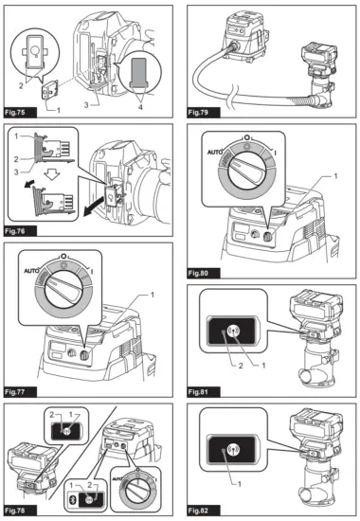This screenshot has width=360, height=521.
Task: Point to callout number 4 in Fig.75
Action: [140, 107]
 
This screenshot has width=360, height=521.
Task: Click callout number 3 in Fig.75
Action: [86, 105]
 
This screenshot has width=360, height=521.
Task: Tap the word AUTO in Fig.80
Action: [215, 152]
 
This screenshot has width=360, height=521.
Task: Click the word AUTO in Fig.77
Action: [31, 271]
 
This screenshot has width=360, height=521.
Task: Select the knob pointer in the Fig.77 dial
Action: [64, 288]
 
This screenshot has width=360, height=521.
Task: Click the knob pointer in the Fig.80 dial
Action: [247, 170]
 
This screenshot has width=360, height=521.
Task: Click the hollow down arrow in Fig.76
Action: [51, 175]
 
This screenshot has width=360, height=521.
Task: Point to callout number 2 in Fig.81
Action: [241, 366]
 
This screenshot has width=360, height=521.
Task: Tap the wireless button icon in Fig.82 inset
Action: [233, 450]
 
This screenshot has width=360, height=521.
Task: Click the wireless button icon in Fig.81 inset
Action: [234, 331]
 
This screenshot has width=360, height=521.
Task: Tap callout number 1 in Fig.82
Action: [240, 484]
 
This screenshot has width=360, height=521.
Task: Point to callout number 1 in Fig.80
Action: [335, 176]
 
